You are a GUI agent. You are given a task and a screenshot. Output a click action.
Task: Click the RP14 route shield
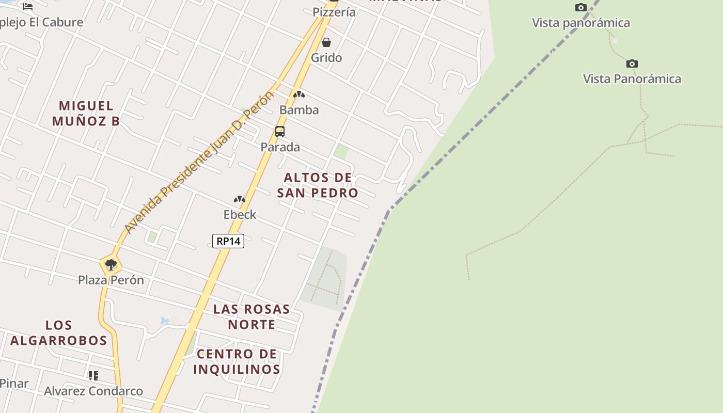(228, 241)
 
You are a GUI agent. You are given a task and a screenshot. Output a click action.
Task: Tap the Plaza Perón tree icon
(111, 265)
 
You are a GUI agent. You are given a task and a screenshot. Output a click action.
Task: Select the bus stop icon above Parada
(280, 131)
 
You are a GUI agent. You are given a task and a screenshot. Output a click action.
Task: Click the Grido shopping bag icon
(326, 42)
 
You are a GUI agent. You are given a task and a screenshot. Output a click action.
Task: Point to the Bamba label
(299, 110)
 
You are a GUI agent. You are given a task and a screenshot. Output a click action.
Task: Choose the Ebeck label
(240, 214)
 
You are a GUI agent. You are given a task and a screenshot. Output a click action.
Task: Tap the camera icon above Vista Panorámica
(632, 64)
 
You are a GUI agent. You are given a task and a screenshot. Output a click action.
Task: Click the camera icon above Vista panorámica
(581, 8)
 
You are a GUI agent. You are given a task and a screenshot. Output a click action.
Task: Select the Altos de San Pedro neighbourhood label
(318, 185)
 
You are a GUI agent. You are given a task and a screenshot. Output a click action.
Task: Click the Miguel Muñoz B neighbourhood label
(86, 114)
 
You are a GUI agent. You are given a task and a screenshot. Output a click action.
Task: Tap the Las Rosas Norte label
(252, 317)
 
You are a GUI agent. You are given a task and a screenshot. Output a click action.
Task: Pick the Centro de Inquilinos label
(237, 361)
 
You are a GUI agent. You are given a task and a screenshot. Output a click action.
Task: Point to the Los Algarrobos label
(59, 333)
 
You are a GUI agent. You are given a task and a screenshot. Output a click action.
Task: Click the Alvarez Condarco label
(93, 391)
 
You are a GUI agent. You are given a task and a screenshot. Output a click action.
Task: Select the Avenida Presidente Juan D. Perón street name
(199, 162)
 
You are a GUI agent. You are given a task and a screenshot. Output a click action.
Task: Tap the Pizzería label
(334, 12)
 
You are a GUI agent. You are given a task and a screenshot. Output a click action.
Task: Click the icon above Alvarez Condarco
(93, 376)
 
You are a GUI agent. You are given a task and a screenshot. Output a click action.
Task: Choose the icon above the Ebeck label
(240, 199)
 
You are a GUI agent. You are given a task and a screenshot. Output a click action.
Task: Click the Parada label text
(280, 147)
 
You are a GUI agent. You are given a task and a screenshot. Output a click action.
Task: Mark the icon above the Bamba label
(299, 94)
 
